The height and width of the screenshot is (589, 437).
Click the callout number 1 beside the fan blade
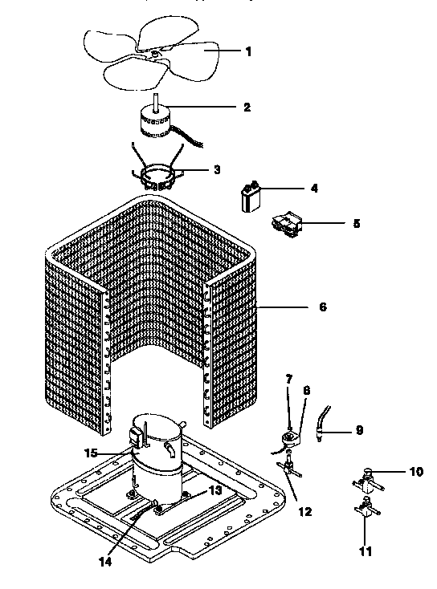248,51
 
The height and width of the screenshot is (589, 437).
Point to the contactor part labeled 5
288,222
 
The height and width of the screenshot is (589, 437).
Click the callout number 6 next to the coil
323,307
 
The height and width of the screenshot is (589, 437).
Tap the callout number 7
289,378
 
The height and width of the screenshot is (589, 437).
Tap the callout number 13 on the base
214,490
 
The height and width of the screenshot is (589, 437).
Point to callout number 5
356,223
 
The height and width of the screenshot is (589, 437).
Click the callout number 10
415,472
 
